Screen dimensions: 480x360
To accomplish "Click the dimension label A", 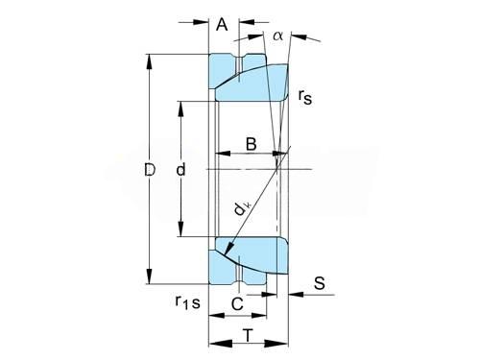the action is [222, 24].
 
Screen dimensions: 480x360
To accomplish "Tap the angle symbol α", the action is [277, 36].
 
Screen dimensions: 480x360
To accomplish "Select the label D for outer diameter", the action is [150, 170].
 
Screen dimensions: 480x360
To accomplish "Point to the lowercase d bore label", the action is [180, 169].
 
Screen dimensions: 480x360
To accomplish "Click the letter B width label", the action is [252, 144].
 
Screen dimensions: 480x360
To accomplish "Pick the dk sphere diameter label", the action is [242, 208].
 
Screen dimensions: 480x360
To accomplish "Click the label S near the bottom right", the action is [319, 283].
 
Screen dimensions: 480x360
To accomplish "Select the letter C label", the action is [237, 303].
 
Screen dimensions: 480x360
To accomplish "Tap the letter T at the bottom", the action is [248, 335].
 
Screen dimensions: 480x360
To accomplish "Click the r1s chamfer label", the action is [188, 302].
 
